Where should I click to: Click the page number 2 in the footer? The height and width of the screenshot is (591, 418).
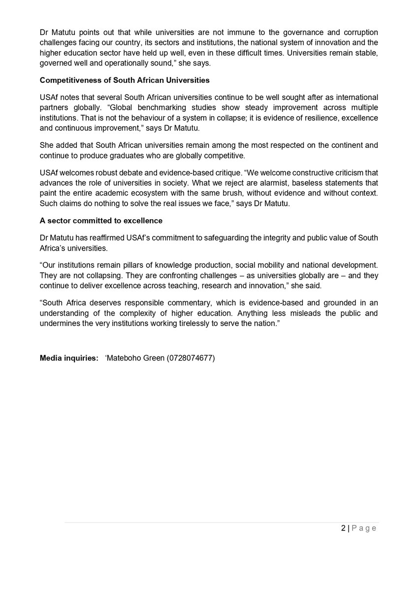point(343,528)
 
